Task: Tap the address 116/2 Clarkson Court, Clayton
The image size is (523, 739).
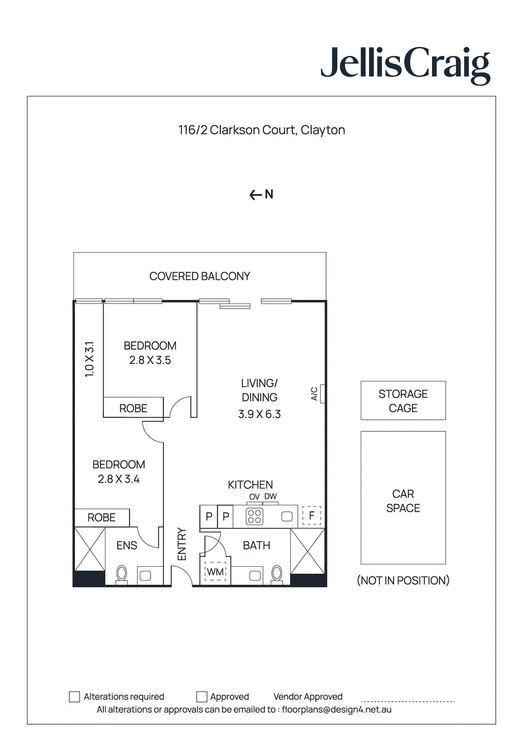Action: pyautogui.click(x=262, y=130)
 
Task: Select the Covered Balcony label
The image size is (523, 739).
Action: pyautogui.click(x=200, y=276)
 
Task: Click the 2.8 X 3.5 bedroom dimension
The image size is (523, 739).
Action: pyautogui.click(x=150, y=360)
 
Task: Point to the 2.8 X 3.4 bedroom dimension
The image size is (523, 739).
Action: pyautogui.click(x=118, y=479)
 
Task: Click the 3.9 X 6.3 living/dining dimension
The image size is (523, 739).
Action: pyautogui.click(x=259, y=414)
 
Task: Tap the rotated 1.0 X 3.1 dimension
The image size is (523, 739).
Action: pyautogui.click(x=89, y=359)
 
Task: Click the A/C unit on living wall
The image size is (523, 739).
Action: pyautogui.click(x=322, y=394)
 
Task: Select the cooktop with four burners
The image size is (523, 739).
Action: pyautogui.click(x=254, y=516)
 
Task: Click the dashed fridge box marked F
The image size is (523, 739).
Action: pyautogui.click(x=312, y=515)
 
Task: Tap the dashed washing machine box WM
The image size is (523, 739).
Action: pyautogui.click(x=215, y=572)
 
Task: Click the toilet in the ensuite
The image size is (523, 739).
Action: pyautogui.click(x=122, y=574)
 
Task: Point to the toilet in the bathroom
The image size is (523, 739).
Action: pyautogui.click(x=277, y=574)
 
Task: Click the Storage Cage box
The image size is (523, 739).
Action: pyautogui.click(x=403, y=400)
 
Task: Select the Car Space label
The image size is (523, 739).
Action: pyautogui.click(x=403, y=501)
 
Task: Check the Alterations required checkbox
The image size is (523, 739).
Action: pyautogui.click(x=74, y=697)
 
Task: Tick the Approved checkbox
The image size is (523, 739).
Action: pyautogui.click(x=202, y=697)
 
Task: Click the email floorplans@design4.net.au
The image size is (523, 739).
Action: pyautogui.click(x=337, y=709)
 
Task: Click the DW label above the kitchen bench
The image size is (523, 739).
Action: pyautogui.click(x=271, y=497)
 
